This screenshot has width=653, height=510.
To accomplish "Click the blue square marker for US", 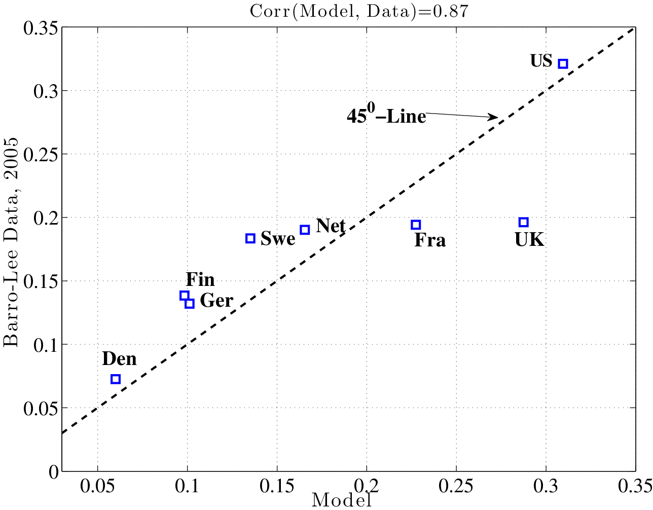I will [x=563, y=63].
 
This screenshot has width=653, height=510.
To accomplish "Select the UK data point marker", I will [x=524, y=222].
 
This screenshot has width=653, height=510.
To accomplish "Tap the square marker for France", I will [x=416, y=225].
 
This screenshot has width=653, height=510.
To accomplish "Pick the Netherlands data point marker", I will [x=305, y=230].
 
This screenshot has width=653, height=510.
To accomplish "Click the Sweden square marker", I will [x=250, y=238].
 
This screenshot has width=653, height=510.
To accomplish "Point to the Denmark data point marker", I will [x=116, y=379].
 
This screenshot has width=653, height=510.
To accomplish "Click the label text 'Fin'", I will [x=200, y=279].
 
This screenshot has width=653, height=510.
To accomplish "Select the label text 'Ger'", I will [x=216, y=301].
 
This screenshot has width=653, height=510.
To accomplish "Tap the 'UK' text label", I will [x=529, y=240].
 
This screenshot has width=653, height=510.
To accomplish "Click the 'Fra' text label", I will [x=430, y=240].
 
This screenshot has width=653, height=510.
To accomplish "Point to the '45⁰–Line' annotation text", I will [x=386, y=116].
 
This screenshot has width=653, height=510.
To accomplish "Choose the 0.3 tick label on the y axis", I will [x=43, y=91].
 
